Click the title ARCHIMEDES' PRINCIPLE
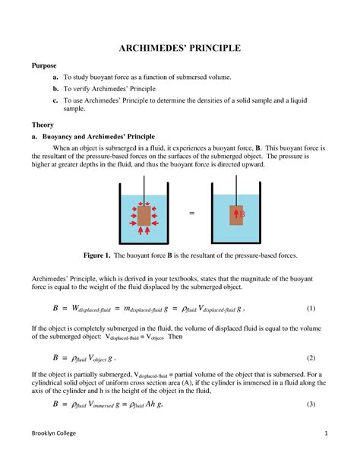click(179, 49)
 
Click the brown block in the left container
click(143, 215)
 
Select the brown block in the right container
click(238, 214)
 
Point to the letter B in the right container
click(243, 214)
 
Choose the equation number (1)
click(310, 309)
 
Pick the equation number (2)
click(310, 357)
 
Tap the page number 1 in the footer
click(324, 455)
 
